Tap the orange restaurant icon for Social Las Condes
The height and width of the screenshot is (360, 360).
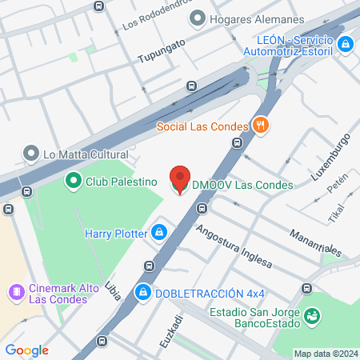pyautogui.click(x=259, y=125)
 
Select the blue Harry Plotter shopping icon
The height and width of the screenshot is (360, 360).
pyautogui.click(x=160, y=233)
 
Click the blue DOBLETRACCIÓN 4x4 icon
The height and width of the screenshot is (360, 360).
pyautogui.click(x=143, y=291)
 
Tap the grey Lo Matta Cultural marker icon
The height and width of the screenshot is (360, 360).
pyautogui.click(x=31, y=153)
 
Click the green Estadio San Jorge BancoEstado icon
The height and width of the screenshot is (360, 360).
pyautogui.click(x=314, y=318)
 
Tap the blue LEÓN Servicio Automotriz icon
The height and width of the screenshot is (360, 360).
pyautogui.click(x=346, y=45)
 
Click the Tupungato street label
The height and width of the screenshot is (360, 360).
pyautogui.click(x=161, y=51)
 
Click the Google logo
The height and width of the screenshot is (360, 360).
pyautogui.click(x=27, y=350)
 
